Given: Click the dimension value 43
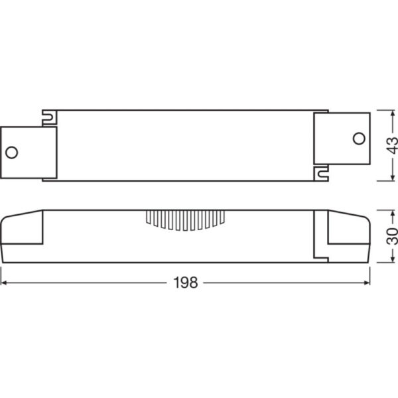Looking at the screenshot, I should click(x=391, y=144).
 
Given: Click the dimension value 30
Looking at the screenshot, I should click(x=391, y=236).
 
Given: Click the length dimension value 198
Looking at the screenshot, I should click(x=186, y=283).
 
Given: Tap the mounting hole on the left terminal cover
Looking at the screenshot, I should click(x=11, y=152).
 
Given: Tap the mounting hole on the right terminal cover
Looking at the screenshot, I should click(x=358, y=138).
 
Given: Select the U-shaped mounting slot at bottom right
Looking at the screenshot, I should click(x=322, y=174).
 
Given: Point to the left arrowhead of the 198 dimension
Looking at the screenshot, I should click(x=4, y=283).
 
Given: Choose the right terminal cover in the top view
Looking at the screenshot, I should click(x=342, y=138).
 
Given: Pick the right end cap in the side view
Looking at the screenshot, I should click(x=349, y=235).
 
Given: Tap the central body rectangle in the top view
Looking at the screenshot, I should click(x=186, y=145).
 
